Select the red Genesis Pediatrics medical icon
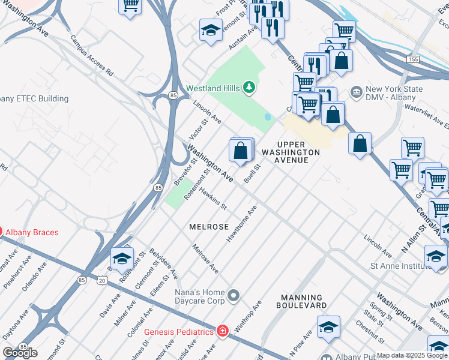click(x=223, y=331)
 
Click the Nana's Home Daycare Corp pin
click(x=234, y=294)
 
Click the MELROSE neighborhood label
click(x=209, y=227)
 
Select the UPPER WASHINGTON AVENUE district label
click(x=298, y=149)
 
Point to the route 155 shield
click(x=412, y=60)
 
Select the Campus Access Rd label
click(x=92, y=55)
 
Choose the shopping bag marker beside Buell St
click(x=241, y=150)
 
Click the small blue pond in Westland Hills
click(x=268, y=117)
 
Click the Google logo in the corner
click(x=20, y=353)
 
